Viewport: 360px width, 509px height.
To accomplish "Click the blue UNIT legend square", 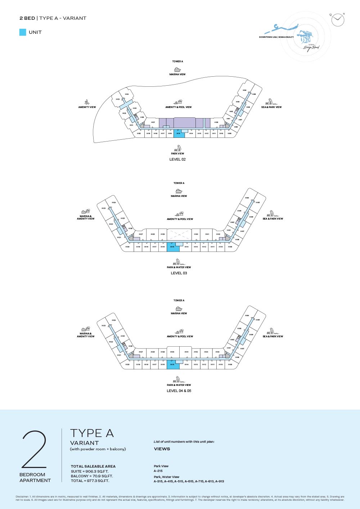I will (x=23, y=32).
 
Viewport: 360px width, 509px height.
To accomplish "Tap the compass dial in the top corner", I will (x=338, y=20).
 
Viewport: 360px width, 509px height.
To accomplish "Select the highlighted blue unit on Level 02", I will (x=179, y=134).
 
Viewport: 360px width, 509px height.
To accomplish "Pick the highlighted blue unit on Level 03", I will (x=173, y=247).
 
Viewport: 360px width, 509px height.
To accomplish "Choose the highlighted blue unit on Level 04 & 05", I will (x=173, y=365).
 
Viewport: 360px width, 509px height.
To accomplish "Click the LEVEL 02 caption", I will (x=177, y=159).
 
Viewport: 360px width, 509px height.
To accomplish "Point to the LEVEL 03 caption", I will (x=179, y=273).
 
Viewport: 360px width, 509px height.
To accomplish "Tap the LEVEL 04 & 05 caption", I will (x=179, y=391).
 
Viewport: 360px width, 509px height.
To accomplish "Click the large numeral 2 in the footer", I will (x=35, y=450).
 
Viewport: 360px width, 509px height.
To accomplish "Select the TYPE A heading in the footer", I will (x=92, y=433).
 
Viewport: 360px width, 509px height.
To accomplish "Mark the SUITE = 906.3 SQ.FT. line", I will (x=90, y=471).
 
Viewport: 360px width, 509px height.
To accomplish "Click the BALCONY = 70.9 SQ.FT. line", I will (x=92, y=476).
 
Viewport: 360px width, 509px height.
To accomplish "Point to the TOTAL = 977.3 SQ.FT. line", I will (x=90, y=481).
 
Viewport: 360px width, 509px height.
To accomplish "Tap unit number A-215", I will (x=158, y=471).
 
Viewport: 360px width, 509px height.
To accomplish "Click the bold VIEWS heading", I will (x=162, y=449).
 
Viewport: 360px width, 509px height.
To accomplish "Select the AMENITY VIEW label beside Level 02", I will (x=87, y=107).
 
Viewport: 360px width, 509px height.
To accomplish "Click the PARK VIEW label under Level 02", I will (x=177, y=153).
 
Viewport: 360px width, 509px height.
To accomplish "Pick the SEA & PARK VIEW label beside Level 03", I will (x=273, y=219).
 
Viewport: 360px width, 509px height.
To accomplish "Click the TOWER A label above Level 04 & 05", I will (x=179, y=300).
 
